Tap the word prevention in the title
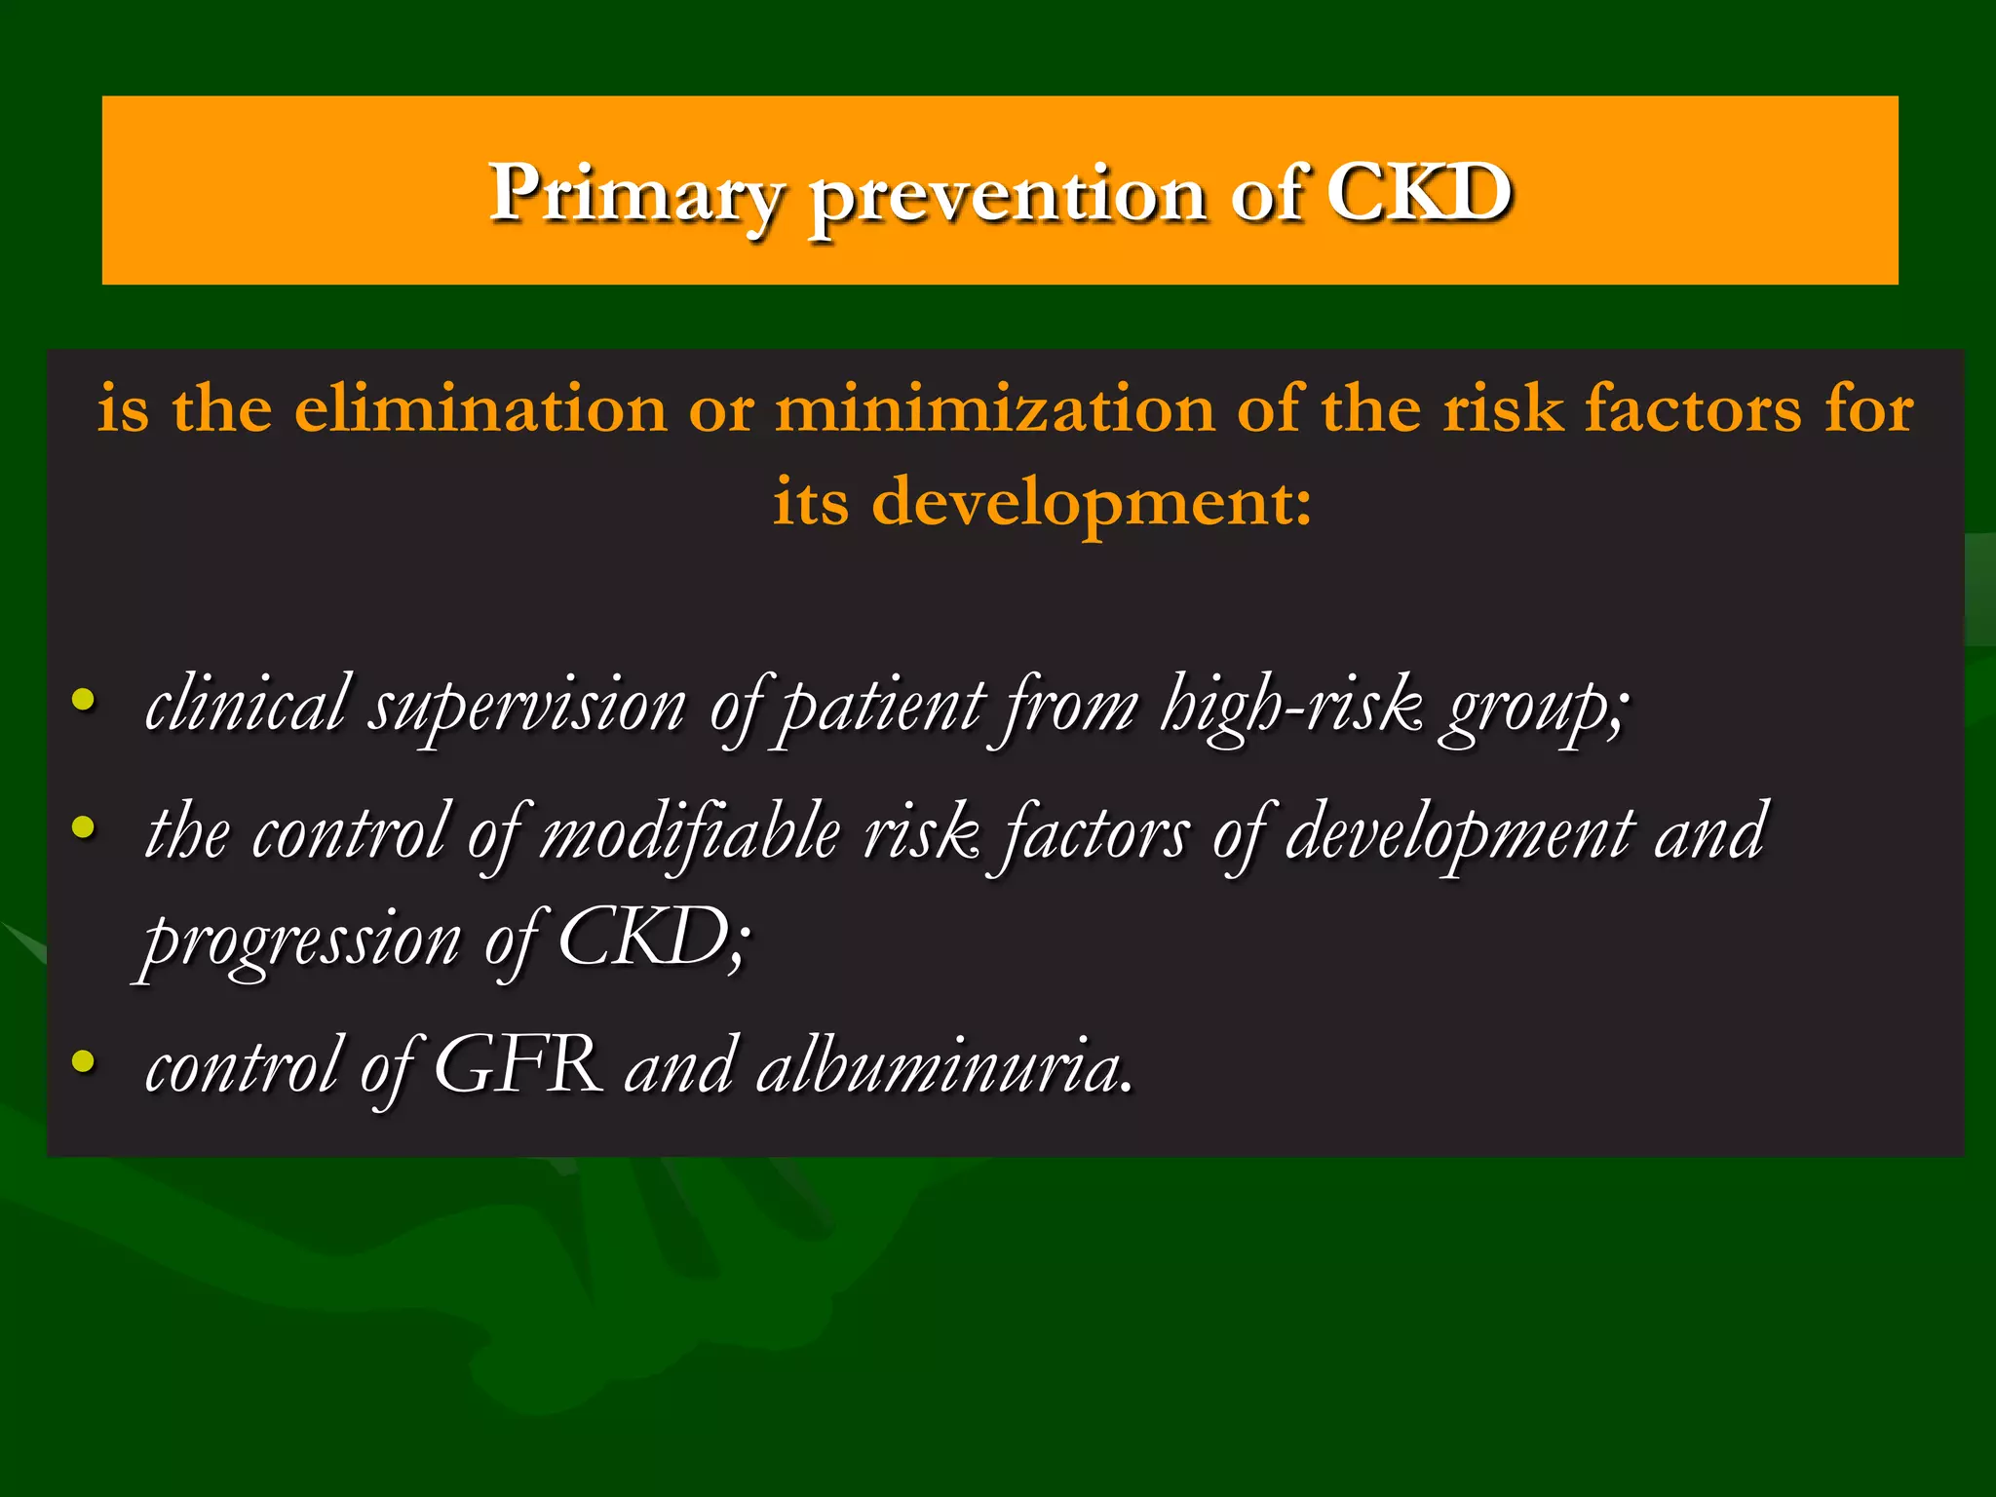(1009, 195)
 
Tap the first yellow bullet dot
(84, 699)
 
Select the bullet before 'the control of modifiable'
(84, 827)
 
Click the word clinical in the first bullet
(245, 704)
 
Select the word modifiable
(690, 833)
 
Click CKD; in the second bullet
(654, 938)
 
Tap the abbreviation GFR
(518, 1066)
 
